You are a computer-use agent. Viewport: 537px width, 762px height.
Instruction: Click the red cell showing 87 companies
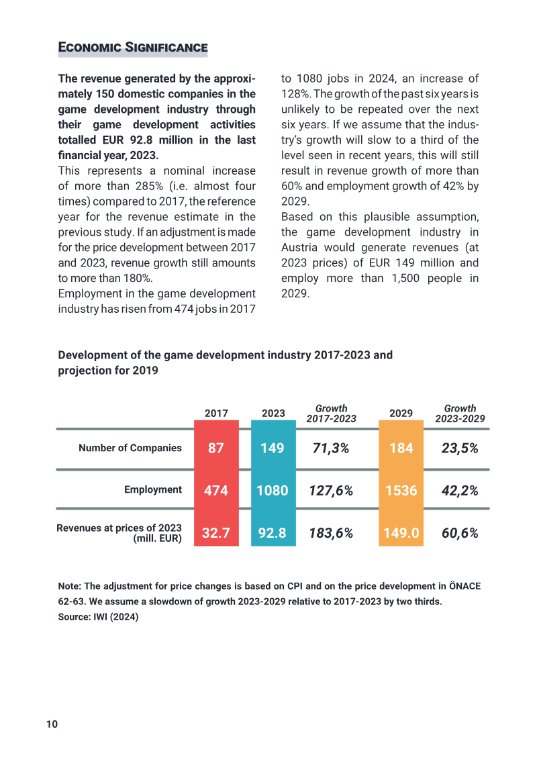pos(216,448)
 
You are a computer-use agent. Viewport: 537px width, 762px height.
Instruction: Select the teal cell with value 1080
pos(273,490)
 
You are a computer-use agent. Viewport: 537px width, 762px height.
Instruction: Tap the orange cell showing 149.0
pos(401,532)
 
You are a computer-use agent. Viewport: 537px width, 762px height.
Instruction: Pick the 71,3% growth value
pos(331,448)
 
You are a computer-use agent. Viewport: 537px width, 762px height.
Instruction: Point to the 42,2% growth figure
pos(460,490)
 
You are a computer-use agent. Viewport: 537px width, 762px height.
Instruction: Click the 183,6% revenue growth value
pos(331,533)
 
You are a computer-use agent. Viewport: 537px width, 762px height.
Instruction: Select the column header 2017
pos(216,413)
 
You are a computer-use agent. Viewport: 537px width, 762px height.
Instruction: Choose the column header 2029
pos(401,413)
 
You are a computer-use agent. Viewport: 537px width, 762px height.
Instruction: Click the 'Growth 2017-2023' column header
pos(331,414)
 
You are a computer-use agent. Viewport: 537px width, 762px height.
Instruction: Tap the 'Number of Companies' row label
pos(130,448)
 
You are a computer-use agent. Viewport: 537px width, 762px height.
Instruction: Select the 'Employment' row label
pos(153,489)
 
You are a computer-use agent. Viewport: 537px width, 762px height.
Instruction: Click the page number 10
pos(52,724)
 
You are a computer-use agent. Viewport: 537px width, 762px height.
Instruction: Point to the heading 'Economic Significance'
pos(133,47)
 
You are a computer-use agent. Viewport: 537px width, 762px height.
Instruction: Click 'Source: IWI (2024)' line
pos(98,617)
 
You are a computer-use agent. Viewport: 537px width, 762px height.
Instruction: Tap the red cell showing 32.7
pos(216,532)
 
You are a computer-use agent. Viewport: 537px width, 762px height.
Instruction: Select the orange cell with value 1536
pos(401,490)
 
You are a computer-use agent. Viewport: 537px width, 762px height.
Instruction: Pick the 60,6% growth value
pos(460,533)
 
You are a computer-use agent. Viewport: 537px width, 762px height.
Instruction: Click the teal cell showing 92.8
pos(273,532)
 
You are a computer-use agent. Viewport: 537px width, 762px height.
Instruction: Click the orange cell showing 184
pos(401,448)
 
